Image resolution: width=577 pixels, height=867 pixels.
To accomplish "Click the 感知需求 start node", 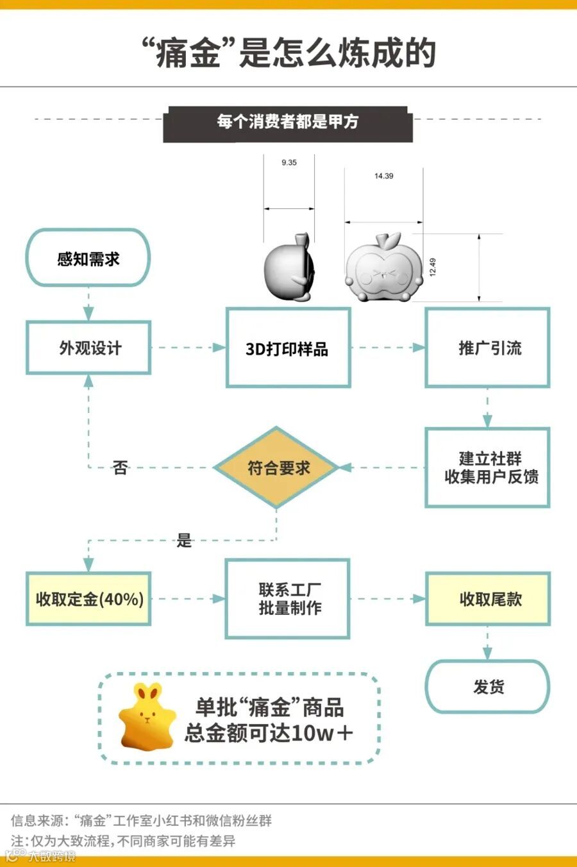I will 88,258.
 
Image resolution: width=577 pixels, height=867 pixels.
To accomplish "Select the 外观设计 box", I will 88,348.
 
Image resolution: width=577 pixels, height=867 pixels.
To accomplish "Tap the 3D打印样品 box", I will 288,348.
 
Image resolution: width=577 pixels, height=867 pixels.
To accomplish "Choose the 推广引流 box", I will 487,348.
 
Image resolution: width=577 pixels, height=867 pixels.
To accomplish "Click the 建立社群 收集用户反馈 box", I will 487,467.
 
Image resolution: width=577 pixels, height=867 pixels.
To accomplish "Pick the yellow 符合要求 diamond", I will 276,467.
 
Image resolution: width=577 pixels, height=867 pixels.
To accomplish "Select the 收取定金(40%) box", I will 88,599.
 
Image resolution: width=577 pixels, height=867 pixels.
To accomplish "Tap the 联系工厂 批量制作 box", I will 288,599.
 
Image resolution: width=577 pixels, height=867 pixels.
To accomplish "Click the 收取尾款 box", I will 488,599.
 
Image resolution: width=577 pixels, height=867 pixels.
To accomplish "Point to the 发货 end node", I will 488,687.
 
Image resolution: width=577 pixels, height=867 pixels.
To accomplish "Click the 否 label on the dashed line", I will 120,467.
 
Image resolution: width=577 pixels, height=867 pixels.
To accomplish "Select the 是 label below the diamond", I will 185,541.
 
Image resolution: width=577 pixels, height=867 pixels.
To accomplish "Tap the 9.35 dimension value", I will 289,163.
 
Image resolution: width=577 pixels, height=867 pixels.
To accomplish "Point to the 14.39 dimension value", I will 384,176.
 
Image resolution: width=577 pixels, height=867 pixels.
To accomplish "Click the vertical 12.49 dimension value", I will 433,267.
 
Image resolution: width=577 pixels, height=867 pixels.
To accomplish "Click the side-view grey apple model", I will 289,267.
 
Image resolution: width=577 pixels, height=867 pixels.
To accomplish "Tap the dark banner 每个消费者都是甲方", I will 288,122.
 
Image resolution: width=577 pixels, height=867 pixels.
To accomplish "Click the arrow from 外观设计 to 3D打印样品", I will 188,348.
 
